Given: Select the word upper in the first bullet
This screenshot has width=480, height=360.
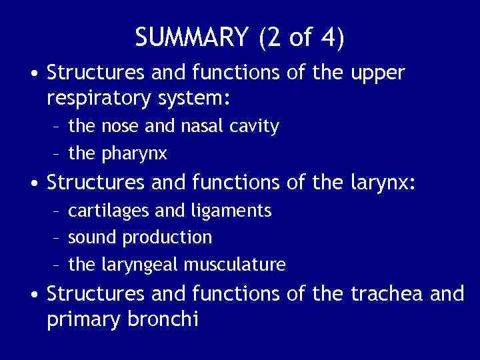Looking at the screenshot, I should [x=377, y=73].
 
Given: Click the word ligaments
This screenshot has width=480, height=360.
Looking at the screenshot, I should [x=233, y=211].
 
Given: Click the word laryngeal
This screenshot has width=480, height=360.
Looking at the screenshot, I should [x=140, y=265].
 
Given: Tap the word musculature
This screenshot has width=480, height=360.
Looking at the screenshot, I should [x=235, y=265].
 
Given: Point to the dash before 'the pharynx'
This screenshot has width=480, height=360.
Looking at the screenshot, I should [x=57, y=154].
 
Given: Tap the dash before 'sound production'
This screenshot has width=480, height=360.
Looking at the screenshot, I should [x=57, y=237].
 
